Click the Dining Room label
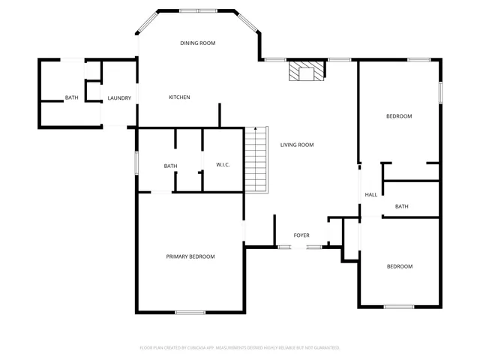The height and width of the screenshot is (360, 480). point(198,43)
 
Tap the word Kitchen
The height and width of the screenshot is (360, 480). point(179,97)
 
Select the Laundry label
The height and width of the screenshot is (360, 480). point(119,98)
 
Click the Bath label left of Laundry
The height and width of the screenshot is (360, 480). point(71,98)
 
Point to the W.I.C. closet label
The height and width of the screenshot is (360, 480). point(223,165)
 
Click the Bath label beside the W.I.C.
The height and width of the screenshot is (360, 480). point(171,166)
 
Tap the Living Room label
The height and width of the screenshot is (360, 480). point(297,145)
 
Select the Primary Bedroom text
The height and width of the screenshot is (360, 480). point(190,256)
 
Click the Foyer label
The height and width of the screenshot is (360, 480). point(301,235)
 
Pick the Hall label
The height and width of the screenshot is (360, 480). point(370,195)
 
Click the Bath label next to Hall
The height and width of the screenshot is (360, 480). point(402,206)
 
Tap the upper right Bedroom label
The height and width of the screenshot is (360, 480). point(399,116)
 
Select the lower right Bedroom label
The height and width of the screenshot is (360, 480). point(399,266)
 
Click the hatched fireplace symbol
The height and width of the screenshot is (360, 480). point(307,70)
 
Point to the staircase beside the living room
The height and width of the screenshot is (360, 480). point(256,159)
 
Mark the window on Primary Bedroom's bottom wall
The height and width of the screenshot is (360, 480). point(190,312)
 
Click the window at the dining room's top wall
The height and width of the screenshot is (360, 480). point(198,11)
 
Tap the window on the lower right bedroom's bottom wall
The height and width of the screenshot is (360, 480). point(399,306)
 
